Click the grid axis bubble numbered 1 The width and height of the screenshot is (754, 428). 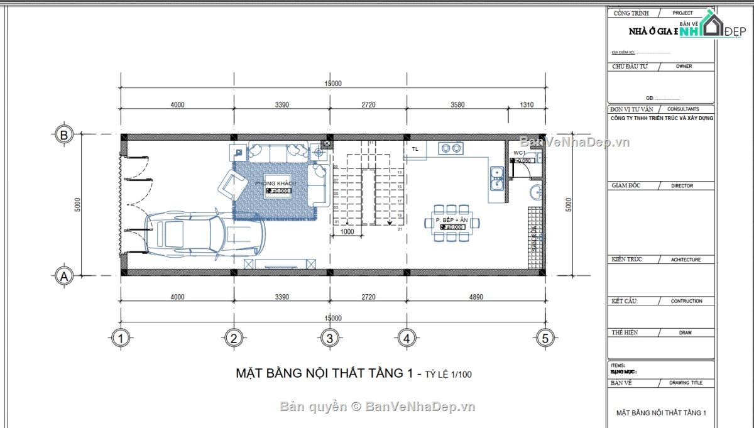point(121,339)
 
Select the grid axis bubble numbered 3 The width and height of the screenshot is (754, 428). point(329,339)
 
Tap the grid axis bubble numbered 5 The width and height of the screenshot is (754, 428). point(545,339)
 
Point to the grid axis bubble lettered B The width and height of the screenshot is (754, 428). point(63,134)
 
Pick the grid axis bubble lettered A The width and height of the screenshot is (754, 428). point(63,275)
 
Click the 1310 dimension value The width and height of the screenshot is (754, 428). point(527,105)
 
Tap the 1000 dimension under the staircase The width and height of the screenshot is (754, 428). point(346,231)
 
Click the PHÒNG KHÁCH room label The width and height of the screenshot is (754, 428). point(275,183)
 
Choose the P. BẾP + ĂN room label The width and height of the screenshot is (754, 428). point(452,220)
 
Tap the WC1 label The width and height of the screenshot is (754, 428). point(519,153)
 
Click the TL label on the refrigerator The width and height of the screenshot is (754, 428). point(415,149)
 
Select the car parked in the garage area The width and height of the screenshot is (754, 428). point(204,236)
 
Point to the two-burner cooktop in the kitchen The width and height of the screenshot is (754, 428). point(451,148)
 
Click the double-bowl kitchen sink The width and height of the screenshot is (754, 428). point(496,177)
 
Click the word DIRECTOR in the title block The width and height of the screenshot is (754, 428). point(682,186)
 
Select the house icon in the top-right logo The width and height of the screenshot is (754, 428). point(713,26)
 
